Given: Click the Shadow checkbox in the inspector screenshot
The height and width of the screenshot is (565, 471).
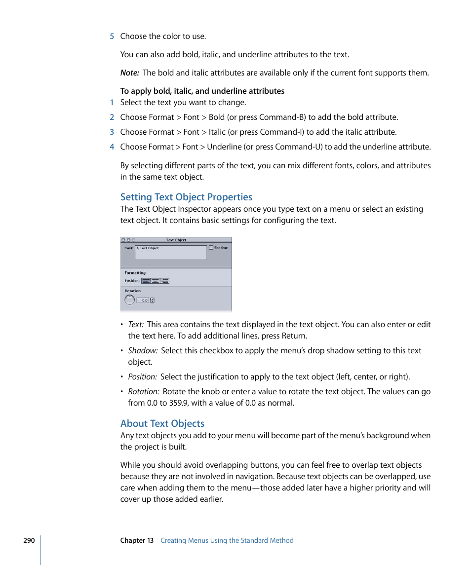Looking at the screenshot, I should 211,248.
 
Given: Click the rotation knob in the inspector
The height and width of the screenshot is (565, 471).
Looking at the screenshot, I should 129,300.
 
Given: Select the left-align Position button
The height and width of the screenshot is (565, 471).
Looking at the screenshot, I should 146,281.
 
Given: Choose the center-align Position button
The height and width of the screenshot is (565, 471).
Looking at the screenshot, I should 155,281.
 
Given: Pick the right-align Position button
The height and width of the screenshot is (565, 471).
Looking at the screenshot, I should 164,281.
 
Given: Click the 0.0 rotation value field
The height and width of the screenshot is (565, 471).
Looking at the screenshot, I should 143,300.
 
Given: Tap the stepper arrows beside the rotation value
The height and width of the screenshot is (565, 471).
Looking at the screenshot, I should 152,300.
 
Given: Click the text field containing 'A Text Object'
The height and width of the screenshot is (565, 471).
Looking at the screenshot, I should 171,252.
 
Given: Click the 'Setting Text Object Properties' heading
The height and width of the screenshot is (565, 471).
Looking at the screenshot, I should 186,197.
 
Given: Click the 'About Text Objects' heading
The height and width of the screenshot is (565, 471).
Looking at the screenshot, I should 162,423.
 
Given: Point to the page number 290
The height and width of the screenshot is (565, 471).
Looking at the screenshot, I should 29,540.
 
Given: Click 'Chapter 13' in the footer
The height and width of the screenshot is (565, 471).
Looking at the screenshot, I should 137,540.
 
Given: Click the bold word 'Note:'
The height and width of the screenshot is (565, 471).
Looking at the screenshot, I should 129,73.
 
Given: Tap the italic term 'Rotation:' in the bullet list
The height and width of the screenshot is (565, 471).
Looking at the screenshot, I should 143,392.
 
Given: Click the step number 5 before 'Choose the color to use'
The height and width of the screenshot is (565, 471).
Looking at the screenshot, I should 112,37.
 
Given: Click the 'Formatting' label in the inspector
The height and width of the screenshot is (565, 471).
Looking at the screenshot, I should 135,272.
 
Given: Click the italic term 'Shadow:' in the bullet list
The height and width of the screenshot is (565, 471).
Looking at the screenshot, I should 143,351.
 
